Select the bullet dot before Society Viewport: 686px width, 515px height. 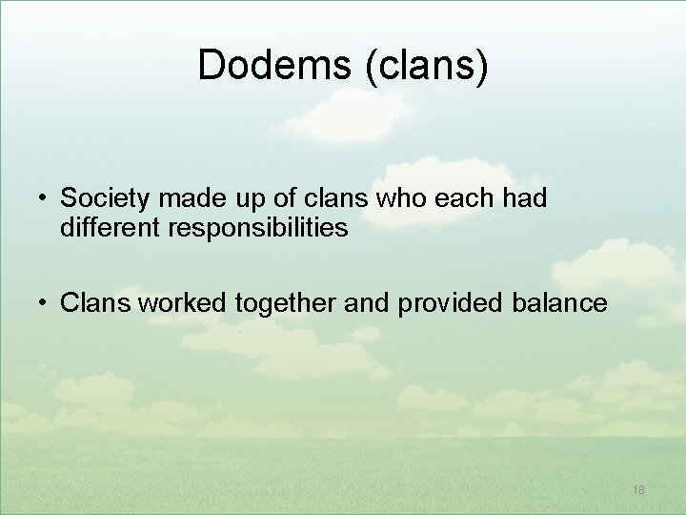pyautogui.click(x=44, y=198)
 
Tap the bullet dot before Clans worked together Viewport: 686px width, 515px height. pyautogui.click(x=44, y=304)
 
